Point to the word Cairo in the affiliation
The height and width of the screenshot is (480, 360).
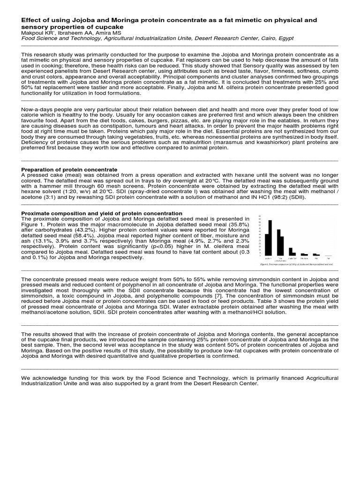click(273, 39)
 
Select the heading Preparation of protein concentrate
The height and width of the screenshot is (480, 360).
click(69, 169)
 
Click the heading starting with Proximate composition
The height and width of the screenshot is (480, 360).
click(102, 213)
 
